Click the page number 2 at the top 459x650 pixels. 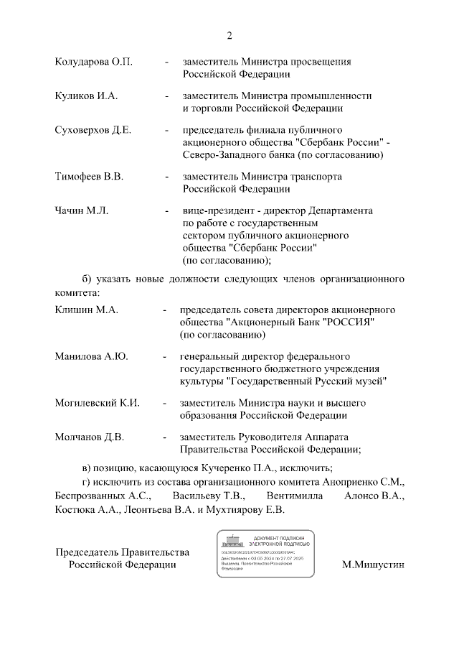coord(229,35)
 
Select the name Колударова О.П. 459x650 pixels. coord(94,62)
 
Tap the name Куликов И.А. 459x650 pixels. coord(86,96)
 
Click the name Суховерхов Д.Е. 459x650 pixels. coord(93,131)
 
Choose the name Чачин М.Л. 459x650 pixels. coord(81,211)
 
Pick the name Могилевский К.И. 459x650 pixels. coord(98,402)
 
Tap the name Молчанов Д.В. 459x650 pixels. coord(90,437)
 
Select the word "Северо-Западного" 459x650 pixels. coord(222,155)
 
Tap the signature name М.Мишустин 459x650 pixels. coord(374,565)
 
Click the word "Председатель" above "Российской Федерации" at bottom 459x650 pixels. coord(87,552)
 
